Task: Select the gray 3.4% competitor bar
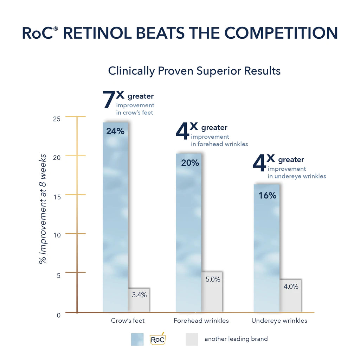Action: click(x=139, y=300)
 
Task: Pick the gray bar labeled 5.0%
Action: click(x=212, y=292)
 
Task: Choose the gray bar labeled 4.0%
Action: click(x=290, y=296)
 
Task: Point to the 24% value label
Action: click(x=115, y=132)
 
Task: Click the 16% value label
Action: click(x=268, y=196)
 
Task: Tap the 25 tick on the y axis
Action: click(x=57, y=119)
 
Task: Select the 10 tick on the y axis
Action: click(x=57, y=235)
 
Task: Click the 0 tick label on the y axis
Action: click(x=58, y=315)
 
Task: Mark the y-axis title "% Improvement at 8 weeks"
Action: click(x=43, y=208)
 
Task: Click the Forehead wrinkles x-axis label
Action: click(x=201, y=321)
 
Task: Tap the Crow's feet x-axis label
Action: click(x=128, y=321)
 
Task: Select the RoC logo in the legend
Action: click(x=157, y=339)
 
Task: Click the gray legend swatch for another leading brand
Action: click(x=192, y=339)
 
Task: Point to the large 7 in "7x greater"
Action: click(x=109, y=100)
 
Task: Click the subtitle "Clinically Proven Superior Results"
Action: click(x=194, y=71)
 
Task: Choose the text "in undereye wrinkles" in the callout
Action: click(x=297, y=176)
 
